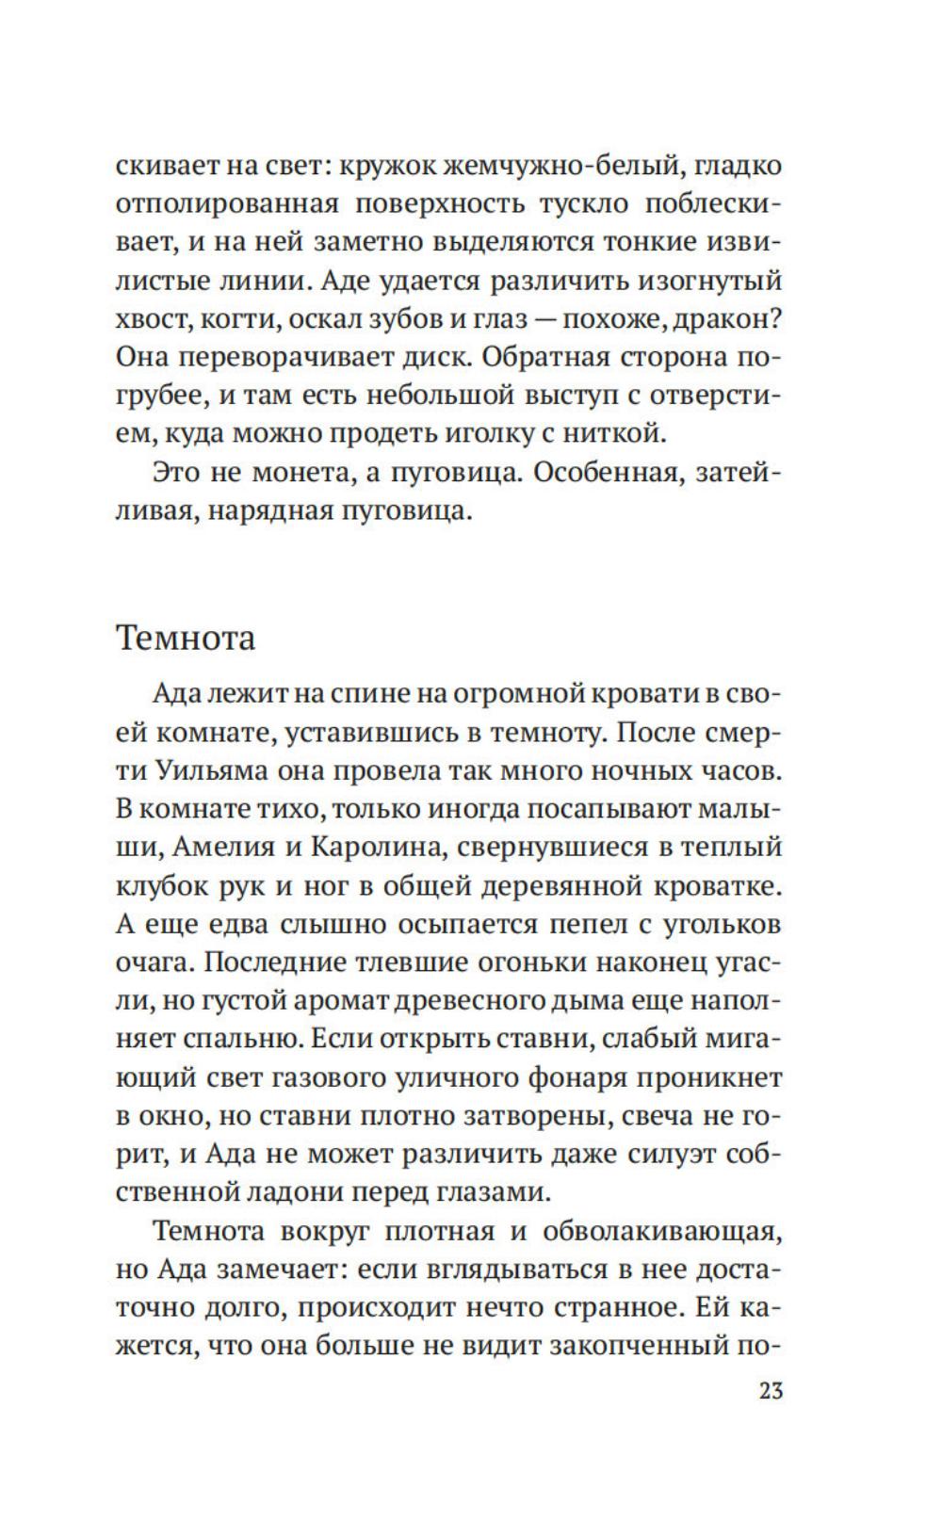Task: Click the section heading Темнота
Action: pos(186,638)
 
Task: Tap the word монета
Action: pos(287,472)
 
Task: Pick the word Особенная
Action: pos(607,472)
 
